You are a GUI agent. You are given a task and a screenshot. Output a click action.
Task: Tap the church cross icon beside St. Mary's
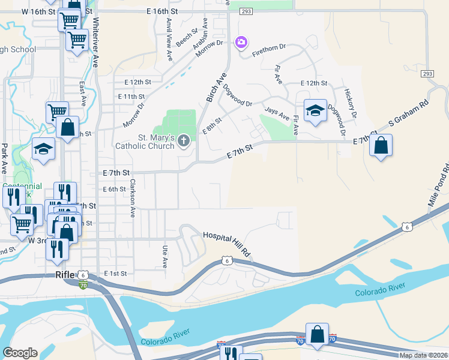(x=184, y=142)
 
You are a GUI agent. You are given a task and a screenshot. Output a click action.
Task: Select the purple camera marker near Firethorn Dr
(x=241, y=42)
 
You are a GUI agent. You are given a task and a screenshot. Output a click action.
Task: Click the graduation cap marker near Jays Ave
(x=315, y=111)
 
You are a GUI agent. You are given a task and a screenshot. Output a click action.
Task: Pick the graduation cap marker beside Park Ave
(x=43, y=149)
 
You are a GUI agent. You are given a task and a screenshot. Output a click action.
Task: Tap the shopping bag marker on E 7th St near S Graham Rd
(x=381, y=146)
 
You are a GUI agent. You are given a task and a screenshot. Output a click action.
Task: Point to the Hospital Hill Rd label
(x=226, y=245)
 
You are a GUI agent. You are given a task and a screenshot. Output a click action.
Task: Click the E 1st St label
(x=115, y=274)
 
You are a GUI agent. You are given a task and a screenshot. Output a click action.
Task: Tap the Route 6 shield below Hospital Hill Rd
(x=226, y=260)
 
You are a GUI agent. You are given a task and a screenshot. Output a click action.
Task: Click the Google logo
(x=20, y=353)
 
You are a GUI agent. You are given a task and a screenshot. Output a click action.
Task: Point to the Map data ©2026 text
(x=423, y=355)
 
